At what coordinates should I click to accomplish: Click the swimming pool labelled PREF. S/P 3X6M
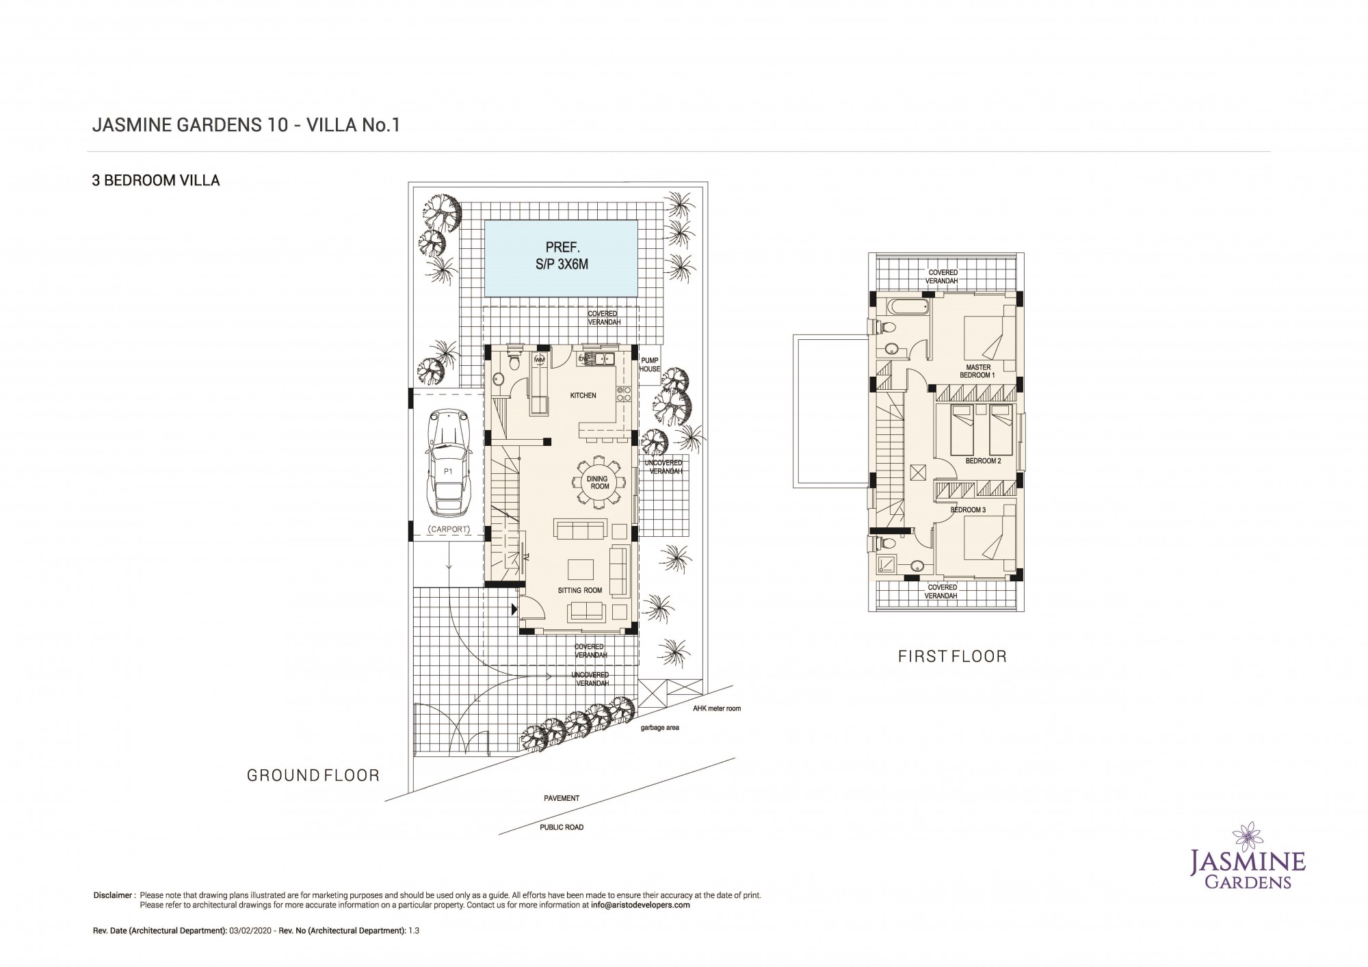(x=561, y=258)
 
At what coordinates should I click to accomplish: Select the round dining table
(x=599, y=482)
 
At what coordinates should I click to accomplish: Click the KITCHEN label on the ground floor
(x=583, y=395)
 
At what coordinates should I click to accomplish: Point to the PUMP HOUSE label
(x=650, y=365)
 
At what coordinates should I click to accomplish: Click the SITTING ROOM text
(x=580, y=590)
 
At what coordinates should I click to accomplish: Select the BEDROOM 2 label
(x=983, y=461)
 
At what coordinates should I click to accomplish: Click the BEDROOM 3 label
(x=968, y=510)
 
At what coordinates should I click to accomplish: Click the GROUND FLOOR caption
(x=313, y=775)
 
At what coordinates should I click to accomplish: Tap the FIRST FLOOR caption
(x=952, y=657)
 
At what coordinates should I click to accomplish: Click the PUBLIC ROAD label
(x=562, y=827)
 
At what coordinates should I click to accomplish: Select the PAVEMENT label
(x=562, y=798)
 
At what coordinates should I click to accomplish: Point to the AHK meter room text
(x=717, y=708)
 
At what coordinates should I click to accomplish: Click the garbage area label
(x=659, y=728)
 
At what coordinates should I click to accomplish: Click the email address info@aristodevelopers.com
(x=640, y=904)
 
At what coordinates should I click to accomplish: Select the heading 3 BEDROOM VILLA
(x=156, y=181)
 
